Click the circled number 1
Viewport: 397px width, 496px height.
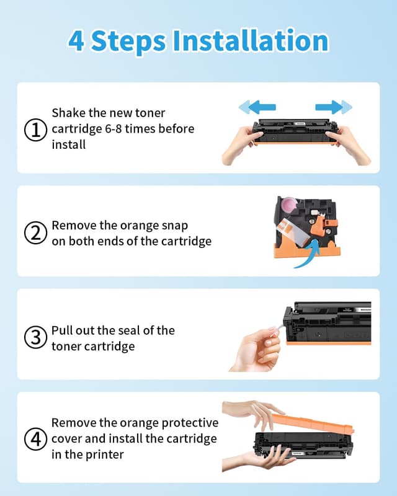[x=35, y=130]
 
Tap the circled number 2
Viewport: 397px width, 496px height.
[x=35, y=233]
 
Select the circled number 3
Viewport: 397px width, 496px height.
[x=35, y=338]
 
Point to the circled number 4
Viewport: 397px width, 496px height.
[x=35, y=439]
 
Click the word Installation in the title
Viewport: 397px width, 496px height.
[x=250, y=41]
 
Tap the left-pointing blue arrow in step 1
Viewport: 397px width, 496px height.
[x=257, y=107]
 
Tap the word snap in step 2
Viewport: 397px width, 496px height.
[x=175, y=226]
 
